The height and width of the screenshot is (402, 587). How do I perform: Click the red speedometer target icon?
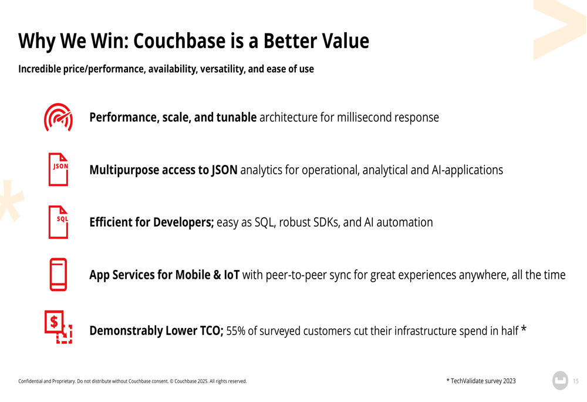pyautogui.click(x=58, y=117)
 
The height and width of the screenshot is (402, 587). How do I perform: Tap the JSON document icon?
pyautogui.click(x=58, y=169)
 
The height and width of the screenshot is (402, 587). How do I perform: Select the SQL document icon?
pyautogui.click(x=58, y=222)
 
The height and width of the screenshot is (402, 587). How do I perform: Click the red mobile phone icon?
pyautogui.click(x=58, y=275)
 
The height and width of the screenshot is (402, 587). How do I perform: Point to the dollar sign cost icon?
pyautogui.click(x=58, y=327)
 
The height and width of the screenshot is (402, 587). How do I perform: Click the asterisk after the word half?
pyautogui.click(x=524, y=329)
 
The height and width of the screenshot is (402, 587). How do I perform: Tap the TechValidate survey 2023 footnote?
pyautogui.click(x=481, y=381)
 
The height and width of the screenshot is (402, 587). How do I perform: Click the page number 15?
pyautogui.click(x=576, y=381)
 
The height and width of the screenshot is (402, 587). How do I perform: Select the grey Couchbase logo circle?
pyautogui.click(x=561, y=380)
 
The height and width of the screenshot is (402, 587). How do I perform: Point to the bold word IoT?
pyautogui.click(x=232, y=275)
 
